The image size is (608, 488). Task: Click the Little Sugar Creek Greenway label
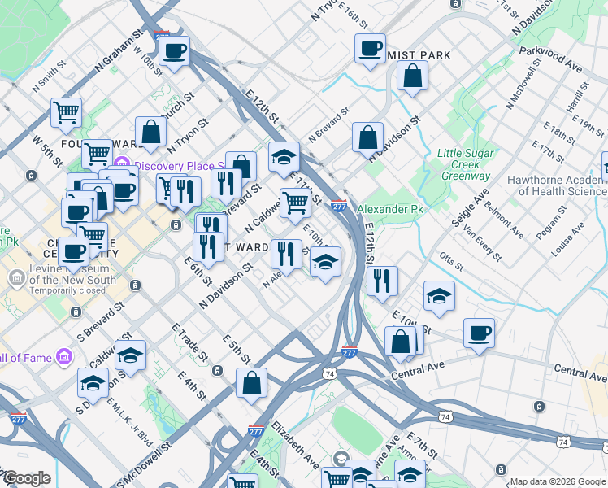464,164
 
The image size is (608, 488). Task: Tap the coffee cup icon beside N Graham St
174,52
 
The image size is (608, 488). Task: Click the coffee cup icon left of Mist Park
370,49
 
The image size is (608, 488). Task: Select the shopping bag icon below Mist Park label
413,77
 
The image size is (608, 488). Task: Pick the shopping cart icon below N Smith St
65,113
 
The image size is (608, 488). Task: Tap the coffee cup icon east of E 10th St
479,333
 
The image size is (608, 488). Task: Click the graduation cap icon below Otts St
439,298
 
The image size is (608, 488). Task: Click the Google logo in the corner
26,478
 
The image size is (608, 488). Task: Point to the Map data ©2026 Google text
557,481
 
